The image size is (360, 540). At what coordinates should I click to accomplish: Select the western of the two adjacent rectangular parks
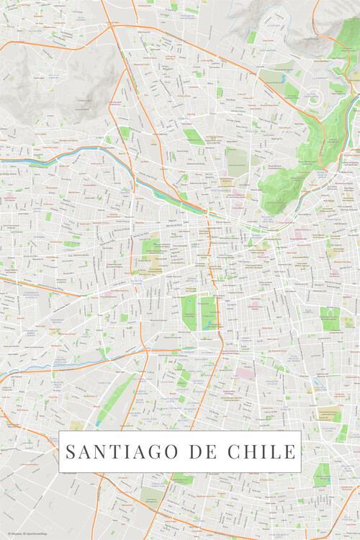[x=189, y=312]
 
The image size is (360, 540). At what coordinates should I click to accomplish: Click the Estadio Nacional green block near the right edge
[x=329, y=318]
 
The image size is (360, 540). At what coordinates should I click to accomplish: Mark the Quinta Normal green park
[x=150, y=248]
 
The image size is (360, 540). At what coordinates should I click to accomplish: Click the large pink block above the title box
[x=246, y=373]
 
